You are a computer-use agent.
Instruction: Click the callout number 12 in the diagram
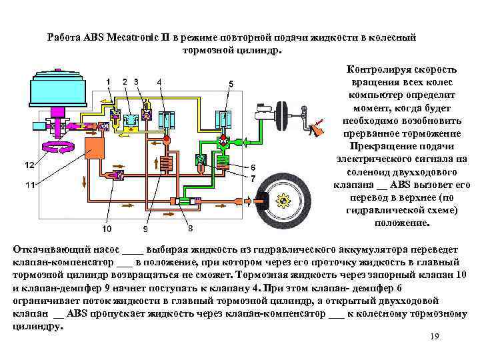[x=29, y=164]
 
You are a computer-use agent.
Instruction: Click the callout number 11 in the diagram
[x=29, y=185]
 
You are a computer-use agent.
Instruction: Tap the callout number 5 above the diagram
[x=231, y=83]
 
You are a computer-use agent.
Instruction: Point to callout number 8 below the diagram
[x=190, y=228]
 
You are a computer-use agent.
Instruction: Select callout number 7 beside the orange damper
[x=253, y=179]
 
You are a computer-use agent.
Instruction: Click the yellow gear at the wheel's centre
[x=285, y=198]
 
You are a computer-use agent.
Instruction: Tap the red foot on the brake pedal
[x=318, y=123]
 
